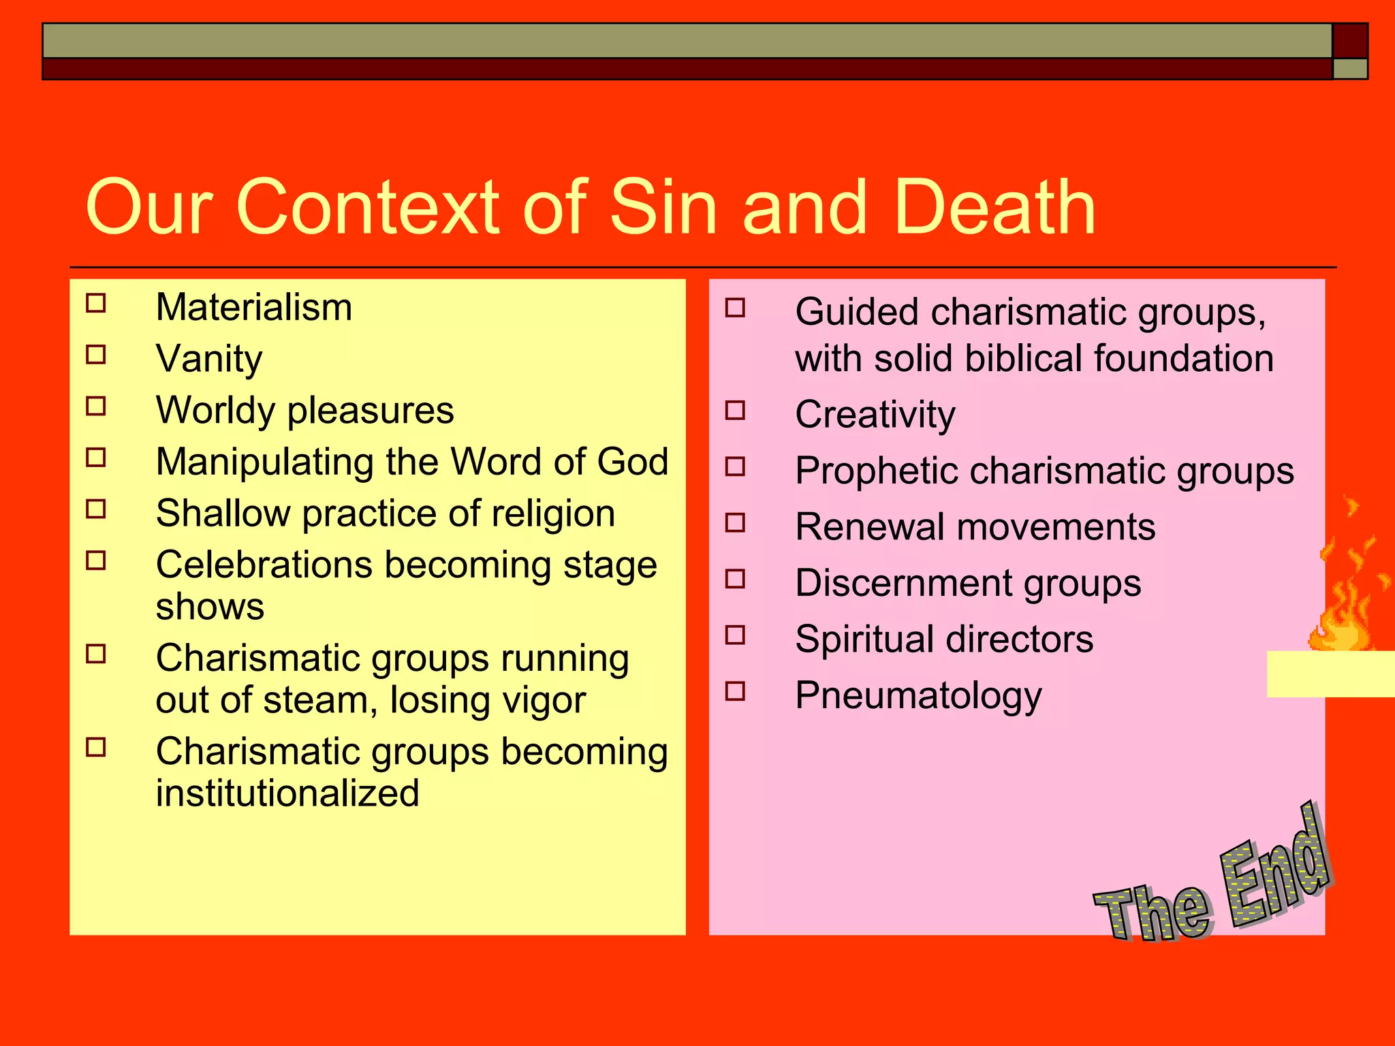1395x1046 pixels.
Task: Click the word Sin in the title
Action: [663, 208]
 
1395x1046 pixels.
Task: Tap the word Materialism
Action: [254, 308]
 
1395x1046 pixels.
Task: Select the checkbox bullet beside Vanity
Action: [96, 355]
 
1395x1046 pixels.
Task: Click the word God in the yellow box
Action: [633, 462]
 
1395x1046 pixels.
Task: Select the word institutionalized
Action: [287, 794]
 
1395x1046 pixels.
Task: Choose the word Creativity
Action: [875, 415]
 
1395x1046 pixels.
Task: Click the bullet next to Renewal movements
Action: [736, 523]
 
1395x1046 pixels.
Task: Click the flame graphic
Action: [1345, 599]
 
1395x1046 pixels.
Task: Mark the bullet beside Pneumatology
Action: [736, 692]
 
